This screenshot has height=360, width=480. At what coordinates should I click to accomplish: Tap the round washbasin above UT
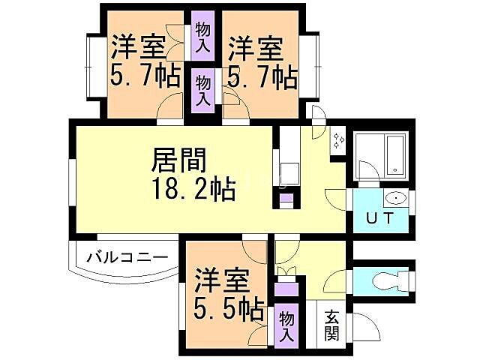pyautogui.click(x=394, y=199)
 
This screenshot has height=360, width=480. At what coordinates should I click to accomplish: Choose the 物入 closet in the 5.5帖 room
pyautogui.click(x=286, y=327)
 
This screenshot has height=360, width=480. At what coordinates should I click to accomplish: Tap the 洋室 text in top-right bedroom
pyautogui.click(x=256, y=48)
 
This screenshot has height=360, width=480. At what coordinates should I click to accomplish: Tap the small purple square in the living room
pyautogui.click(x=286, y=200)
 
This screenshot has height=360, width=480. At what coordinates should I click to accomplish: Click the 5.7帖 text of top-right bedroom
pyautogui.click(x=262, y=77)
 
